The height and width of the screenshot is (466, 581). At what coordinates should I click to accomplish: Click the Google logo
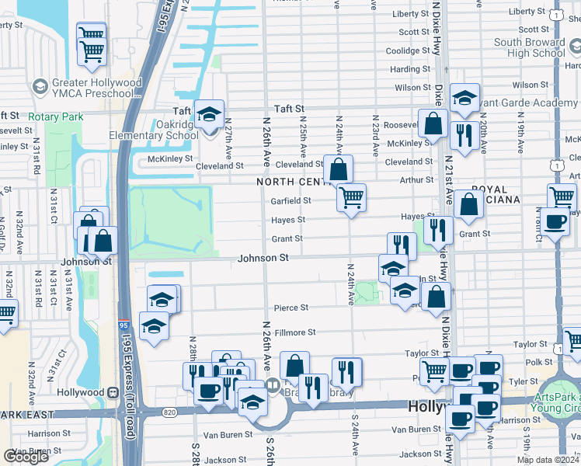26,457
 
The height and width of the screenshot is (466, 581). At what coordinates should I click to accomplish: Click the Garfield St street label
290,200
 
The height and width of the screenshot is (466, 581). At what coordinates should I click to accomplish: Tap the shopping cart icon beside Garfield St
351,198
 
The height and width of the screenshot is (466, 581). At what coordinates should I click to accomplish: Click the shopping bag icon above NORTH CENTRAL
339,169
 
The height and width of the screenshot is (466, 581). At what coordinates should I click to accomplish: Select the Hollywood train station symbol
114,393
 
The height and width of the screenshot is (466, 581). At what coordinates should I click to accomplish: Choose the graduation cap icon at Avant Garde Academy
464,98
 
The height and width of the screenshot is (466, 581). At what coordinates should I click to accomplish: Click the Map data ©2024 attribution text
548,460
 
